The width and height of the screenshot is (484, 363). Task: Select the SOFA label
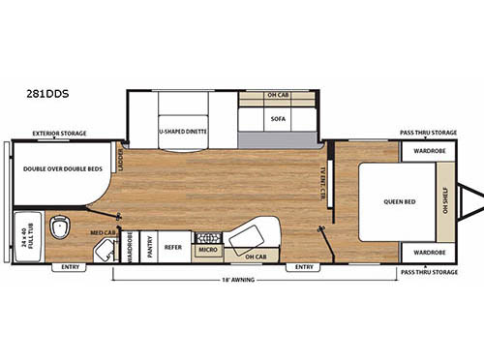click(278, 120)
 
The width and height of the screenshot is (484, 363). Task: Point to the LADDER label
click(121, 157)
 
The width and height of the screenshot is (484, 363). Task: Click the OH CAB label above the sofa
click(278, 96)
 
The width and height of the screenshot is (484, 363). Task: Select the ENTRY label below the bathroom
click(70, 267)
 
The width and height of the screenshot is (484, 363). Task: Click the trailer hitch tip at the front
click(479, 201)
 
